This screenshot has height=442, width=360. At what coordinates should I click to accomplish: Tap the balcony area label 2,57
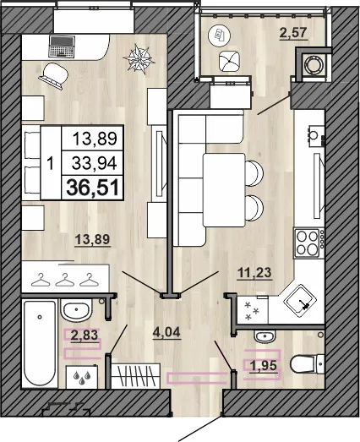point(295,33)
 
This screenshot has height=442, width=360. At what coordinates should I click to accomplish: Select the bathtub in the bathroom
point(39,343)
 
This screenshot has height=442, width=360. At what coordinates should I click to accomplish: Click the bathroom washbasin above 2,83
point(82,310)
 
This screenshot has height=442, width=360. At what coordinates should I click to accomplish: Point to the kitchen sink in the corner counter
point(302,296)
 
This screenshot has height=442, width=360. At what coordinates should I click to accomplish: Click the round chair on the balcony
point(231,61)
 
